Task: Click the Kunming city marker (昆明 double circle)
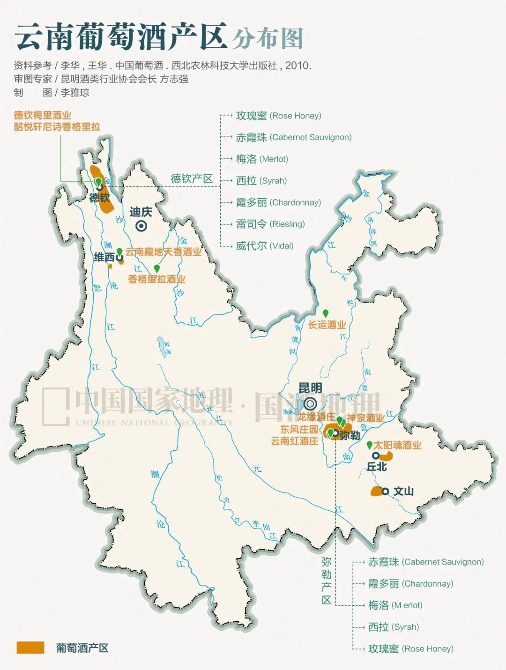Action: pyautogui.click(x=310, y=403)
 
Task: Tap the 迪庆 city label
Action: pyautogui.click(x=141, y=212)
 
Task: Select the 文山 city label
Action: pyautogui.click(x=403, y=491)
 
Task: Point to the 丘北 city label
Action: pyautogui.click(x=377, y=467)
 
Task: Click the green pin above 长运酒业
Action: pyautogui.click(x=325, y=313)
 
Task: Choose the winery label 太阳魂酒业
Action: pyautogui.click(x=397, y=445)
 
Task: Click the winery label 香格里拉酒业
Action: pyautogui.click(x=156, y=279)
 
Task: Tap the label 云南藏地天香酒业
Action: pyautogui.click(x=163, y=252)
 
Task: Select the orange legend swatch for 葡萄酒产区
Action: pyautogui.click(x=30, y=648)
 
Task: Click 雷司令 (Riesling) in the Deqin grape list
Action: pyautogui.click(x=270, y=224)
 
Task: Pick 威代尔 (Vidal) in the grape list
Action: pyautogui.click(x=264, y=246)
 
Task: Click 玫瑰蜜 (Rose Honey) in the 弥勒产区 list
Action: pyautogui.click(x=410, y=648)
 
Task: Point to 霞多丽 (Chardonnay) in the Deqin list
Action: pyautogui.click(x=278, y=202)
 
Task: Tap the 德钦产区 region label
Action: pyautogui.click(x=192, y=179)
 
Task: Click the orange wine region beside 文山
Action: pyautogui.click(x=376, y=491)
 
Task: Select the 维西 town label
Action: pyautogui.click(x=104, y=257)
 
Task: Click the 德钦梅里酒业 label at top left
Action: pyautogui.click(x=43, y=115)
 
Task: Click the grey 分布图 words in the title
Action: pyautogui.click(x=268, y=38)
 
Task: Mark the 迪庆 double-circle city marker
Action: pyautogui.click(x=141, y=226)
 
